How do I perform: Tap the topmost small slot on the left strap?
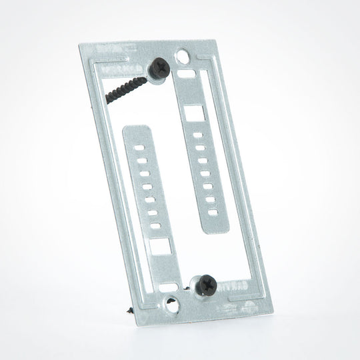tap(139, 143)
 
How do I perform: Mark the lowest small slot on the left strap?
tap(155, 227)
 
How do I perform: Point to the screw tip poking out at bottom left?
tap(127, 311)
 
